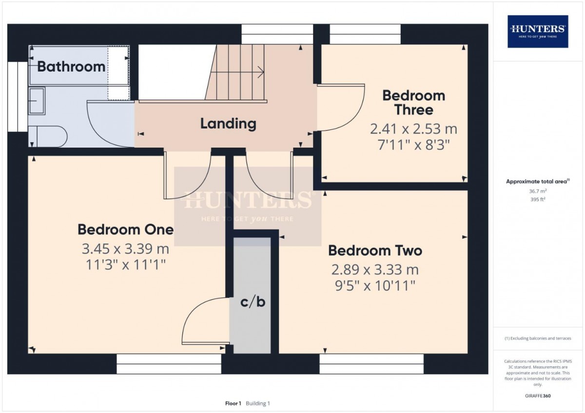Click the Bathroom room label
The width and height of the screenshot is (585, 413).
click(x=71, y=67)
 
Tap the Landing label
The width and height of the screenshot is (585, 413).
click(x=228, y=124)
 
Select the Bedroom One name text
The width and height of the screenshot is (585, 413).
click(x=126, y=229)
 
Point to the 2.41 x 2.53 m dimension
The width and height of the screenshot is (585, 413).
click(x=414, y=129)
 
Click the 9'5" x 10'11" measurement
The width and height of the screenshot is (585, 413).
click(x=375, y=286)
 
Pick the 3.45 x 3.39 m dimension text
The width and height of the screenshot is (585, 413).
click(x=126, y=249)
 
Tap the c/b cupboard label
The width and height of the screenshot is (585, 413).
click(x=253, y=302)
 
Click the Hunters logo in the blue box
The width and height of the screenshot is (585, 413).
click(x=538, y=31)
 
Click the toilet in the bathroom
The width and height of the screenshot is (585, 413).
click(x=48, y=137)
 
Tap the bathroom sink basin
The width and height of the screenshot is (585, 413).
click(x=37, y=101)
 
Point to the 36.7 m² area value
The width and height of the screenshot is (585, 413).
click(x=538, y=191)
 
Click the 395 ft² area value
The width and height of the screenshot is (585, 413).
click(x=538, y=199)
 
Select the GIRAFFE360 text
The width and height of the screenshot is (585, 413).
click(x=538, y=396)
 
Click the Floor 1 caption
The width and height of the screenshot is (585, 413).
click(x=233, y=403)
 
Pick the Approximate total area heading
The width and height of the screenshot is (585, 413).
click(x=538, y=182)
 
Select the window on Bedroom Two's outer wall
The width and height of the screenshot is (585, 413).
click(x=371, y=364)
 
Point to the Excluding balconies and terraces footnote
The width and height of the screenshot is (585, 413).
click(x=538, y=338)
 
